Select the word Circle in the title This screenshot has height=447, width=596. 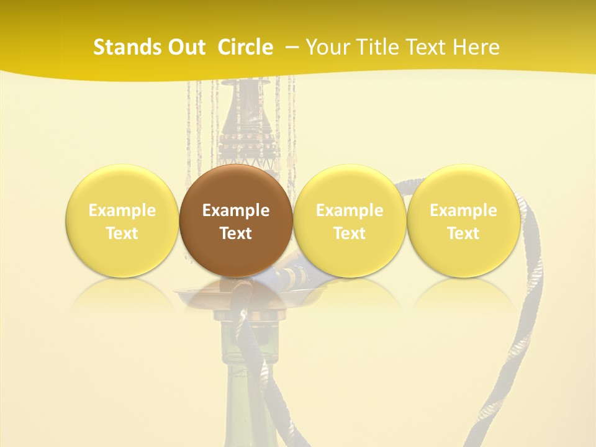[245, 47]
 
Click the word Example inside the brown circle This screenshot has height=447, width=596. [236, 210]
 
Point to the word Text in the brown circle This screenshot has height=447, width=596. [236, 233]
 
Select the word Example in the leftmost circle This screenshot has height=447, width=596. [122, 210]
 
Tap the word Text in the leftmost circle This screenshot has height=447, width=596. [122, 233]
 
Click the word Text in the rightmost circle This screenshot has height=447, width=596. [463, 233]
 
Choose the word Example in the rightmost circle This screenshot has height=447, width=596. [463, 210]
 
